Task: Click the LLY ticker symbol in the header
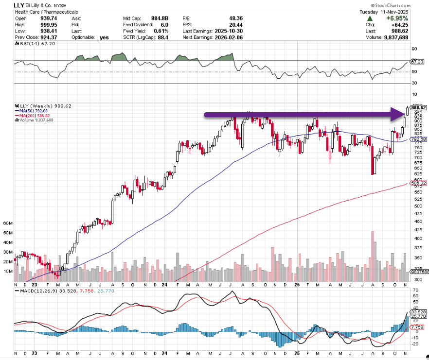pyautogui.click(x=7, y=5)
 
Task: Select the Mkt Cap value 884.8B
pyautogui.click(x=159, y=18)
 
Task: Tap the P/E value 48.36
pyautogui.click(x=235, y=18)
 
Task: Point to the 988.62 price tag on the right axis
pyautogui.click(x=418, y=107)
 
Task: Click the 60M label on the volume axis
pyautogui.click(x=7, y=223)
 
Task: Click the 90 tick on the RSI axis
pyautogui.click(x=414, y=49)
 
